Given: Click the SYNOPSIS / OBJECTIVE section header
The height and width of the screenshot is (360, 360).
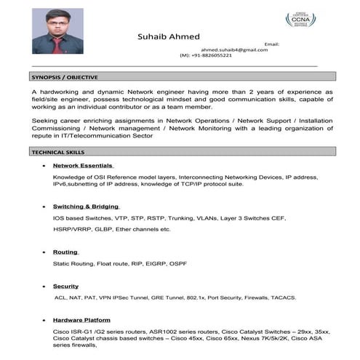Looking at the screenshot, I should [65, 76].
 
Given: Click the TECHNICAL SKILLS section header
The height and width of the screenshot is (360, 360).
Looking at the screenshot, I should [58, 153].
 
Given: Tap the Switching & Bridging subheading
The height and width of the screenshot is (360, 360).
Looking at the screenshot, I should [86, 207].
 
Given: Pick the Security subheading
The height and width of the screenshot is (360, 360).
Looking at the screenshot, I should [65, 287].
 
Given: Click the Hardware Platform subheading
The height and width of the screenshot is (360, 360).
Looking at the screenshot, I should [81, 320].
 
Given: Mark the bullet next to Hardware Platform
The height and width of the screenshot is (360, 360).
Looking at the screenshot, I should [46, 321].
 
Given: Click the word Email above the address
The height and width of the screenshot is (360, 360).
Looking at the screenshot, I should [271, 44].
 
